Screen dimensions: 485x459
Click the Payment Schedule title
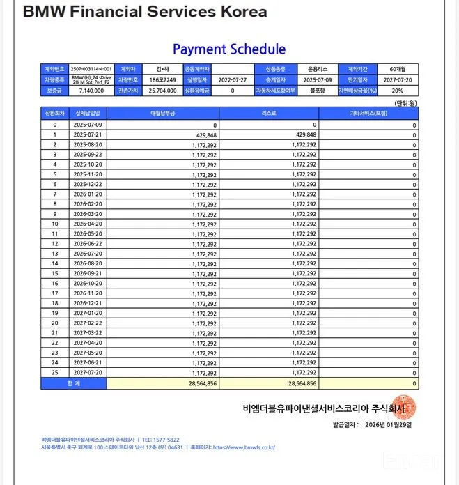click(228, 49)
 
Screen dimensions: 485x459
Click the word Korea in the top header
click(238, 12)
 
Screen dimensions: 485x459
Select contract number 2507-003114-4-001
click(91, 70)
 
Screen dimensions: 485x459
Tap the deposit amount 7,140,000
click(91, 91)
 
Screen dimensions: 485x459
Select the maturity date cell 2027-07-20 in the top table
click(398, 80)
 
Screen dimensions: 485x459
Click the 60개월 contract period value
click(398, 70)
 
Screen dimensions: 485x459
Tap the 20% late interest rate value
click(398, 91)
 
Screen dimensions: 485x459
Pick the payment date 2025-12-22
click(88, 184)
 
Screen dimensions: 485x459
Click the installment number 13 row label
click(55, 254)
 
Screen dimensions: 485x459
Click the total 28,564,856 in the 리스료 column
click(302, 383)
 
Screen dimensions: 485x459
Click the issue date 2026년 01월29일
click(387, 424)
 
